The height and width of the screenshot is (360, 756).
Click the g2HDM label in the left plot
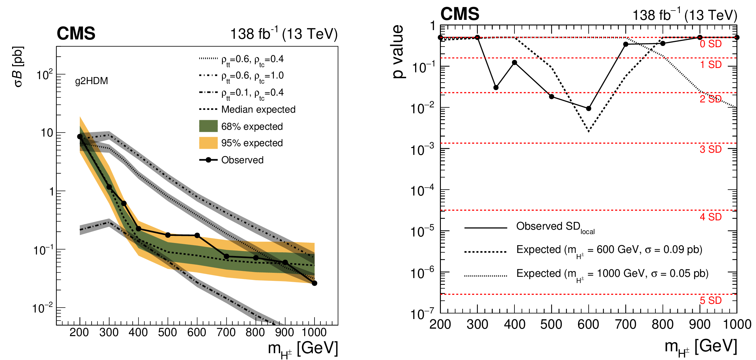click(x=92, y=81)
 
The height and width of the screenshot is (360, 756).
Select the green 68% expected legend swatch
click(x=208, y=126)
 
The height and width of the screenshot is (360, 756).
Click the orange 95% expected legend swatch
click(x=208, y=143)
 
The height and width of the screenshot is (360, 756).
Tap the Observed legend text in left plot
click(x=242, y=160)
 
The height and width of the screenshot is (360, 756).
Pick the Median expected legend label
click(x=258, y=110)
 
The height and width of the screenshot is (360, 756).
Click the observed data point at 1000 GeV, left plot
click(x=315, y=283)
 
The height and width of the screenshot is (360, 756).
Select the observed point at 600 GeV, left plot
click(x=197, y=235)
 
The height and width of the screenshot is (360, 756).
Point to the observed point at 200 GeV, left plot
click(x=80, y=137)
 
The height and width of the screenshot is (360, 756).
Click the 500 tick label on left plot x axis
click(x=168, y=333)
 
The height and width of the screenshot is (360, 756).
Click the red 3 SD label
click(x=710, y=149)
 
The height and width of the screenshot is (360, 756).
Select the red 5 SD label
click(x=710, y=300)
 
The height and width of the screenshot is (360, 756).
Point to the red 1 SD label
click(x=710, y=65)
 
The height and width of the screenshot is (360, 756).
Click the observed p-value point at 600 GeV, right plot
click(x=589, y=108)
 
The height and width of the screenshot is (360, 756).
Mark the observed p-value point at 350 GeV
click(x=496, y=88)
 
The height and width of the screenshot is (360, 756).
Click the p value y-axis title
click(x=398, y=51)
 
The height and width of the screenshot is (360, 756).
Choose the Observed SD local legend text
click(x=555, y=227)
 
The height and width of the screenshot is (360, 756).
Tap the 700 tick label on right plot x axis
click(x=626, y=325)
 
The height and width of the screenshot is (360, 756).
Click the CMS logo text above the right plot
click(x=460, y=14)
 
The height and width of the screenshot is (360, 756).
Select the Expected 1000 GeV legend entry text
click(x=612, y=274)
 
